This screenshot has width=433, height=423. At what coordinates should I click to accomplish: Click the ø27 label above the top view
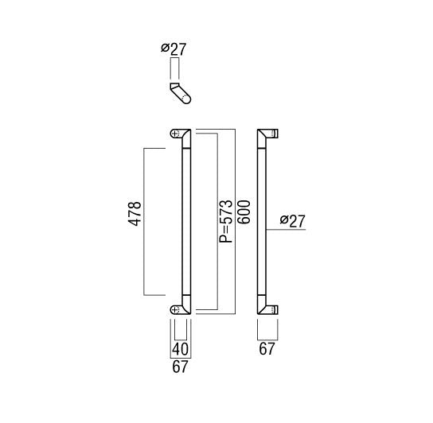click(174, 49)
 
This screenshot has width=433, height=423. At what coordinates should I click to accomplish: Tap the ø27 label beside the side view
click(293, 221)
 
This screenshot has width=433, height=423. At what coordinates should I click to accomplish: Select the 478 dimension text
click(135, 214)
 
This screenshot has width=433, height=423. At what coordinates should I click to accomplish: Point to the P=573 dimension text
click(226, 221)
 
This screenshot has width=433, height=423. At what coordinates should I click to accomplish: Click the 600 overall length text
click(244, 212)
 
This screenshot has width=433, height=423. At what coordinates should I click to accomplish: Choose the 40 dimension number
click(180, 349)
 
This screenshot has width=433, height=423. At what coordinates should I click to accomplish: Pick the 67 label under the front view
click(180, 367)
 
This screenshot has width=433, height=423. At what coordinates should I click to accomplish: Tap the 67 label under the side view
click(267, 349)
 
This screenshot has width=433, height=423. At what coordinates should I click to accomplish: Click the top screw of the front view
click(174, 134)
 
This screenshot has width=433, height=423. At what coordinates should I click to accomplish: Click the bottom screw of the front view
click(174, 310)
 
